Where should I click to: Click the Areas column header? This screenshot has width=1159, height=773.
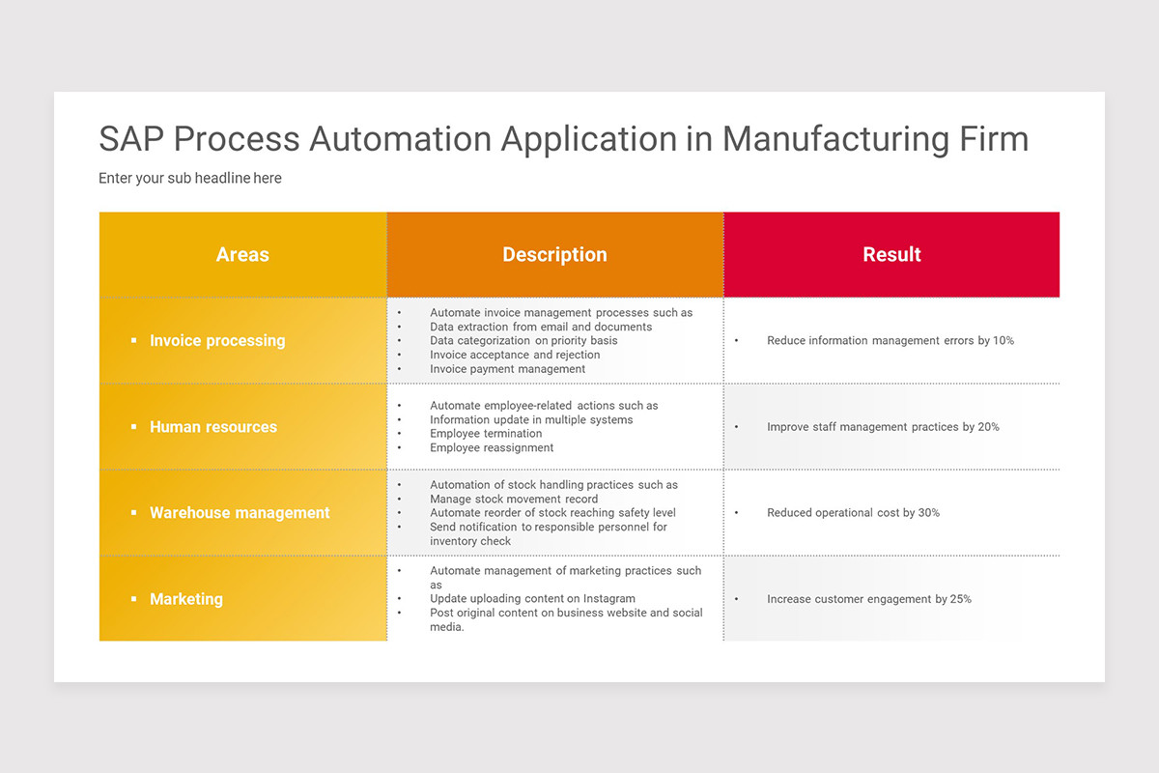[x=242, y=255]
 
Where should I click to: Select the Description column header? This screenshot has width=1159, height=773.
[x=554, y=255]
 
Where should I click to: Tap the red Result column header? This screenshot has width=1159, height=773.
[x=891, y=255]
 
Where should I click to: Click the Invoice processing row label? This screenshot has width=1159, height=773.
[x=217, y=341]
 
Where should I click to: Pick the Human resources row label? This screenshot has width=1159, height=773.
[x=212, y=427]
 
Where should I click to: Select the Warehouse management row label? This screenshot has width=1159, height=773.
[x=240, y=513]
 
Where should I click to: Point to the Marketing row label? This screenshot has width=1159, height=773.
[x=186, y=599]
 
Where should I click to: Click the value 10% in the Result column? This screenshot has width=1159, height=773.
[x=1003, y=341]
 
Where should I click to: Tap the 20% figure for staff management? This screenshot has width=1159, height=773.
[x=988, y=427]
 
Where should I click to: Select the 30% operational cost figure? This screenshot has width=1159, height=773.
[x=929, y=513]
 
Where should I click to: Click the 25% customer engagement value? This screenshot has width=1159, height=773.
[x=960, y=599]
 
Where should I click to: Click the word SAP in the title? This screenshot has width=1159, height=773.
[x=131, y=139]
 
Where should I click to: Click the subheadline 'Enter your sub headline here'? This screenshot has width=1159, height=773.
[x=190, y=179]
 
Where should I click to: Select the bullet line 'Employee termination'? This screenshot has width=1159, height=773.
[x=486, y=434]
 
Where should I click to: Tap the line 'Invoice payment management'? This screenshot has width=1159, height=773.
[x=507, y=369]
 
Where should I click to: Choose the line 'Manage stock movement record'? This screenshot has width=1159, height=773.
[x=514, y=499]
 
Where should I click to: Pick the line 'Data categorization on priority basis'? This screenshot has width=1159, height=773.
[x=523, y=341]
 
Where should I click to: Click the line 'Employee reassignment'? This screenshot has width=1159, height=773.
[x=492, y=448]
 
